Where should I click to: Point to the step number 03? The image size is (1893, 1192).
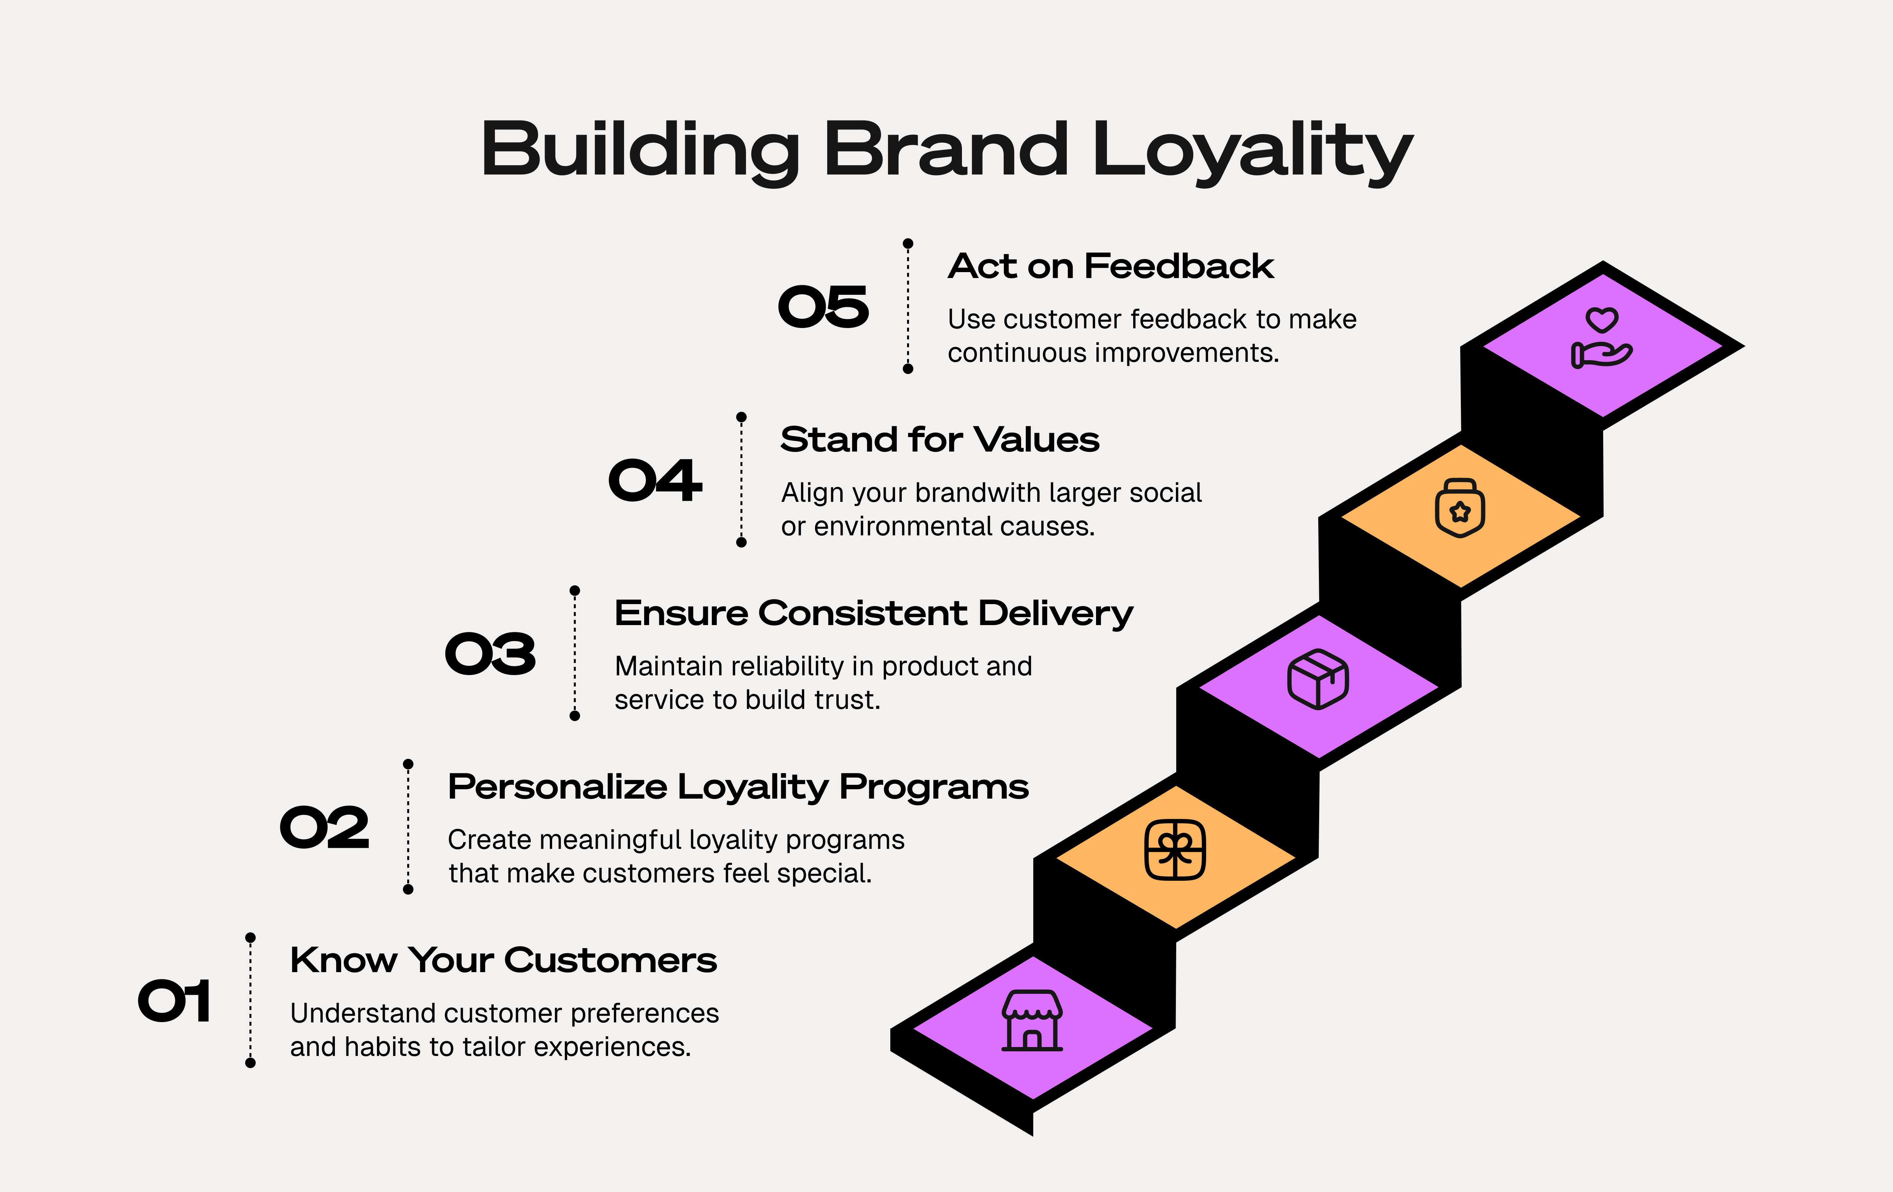tap(491, 654)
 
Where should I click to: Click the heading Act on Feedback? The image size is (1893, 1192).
tap(1110, 267)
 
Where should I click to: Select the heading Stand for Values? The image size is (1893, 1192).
tap(939, 439)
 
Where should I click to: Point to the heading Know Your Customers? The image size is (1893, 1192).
tap(503, 960)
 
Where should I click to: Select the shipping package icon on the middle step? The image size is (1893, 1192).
tap(1318, 679)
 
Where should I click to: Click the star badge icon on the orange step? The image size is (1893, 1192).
tap(1460, 509)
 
